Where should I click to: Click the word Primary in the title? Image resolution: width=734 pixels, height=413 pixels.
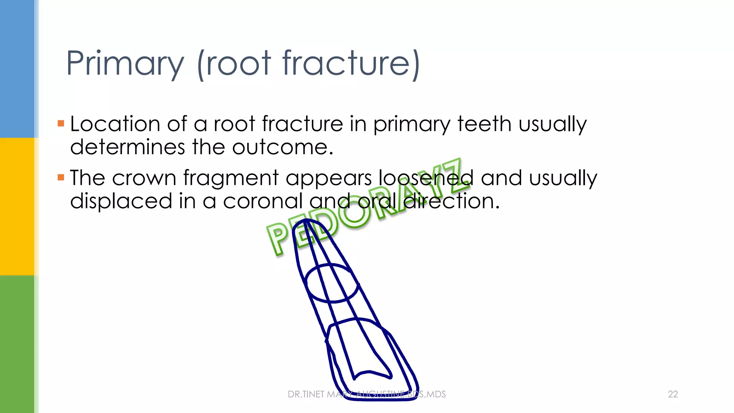pyautogui.click(x=125, y=64)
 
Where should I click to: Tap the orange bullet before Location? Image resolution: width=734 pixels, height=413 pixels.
pyautogui.click(x=61, y=124)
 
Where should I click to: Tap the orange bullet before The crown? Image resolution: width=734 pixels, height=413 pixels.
pyautogui.click(x=61, y=177)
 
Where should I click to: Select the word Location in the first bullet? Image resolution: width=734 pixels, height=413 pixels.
pyautogui.click(x=115, y=124)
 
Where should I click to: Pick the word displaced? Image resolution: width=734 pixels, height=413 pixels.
pyautogui.click(x=121, y=201)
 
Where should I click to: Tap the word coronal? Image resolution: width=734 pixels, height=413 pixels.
pyautogui.click(x=263, y=201)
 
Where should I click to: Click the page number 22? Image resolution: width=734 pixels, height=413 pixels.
pyautogui.click(x=673, y=394)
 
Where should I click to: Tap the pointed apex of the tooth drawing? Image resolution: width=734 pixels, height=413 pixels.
pyautogui.click(x=305, y=221)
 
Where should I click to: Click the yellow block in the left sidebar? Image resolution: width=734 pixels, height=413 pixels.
pyautogui.click(x=17, y=206)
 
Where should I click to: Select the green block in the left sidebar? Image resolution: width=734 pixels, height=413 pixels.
pyautogui.click(x=17, y=344)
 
